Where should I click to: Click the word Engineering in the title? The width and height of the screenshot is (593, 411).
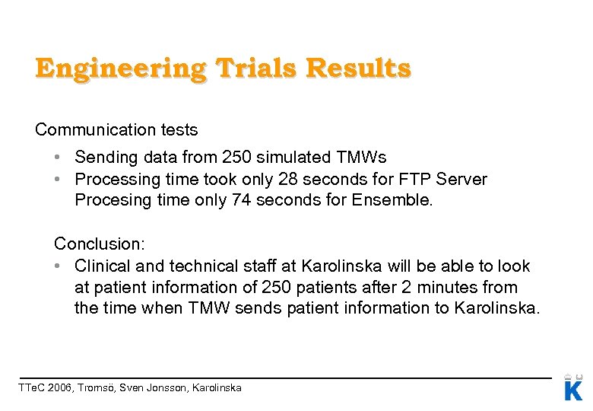coord(119,68)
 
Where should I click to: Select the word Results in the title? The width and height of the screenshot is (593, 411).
coord(358,68)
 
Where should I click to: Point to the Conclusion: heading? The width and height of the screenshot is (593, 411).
coord(100,244)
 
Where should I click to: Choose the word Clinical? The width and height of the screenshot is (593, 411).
coord(101,266)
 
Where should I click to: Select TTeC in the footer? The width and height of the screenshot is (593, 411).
coord(30,388)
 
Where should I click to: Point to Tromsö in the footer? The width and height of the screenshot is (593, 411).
coord(100,388)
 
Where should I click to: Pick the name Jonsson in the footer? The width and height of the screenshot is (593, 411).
coord(169,388)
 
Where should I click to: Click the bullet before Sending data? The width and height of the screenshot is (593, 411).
coord(58,158)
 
